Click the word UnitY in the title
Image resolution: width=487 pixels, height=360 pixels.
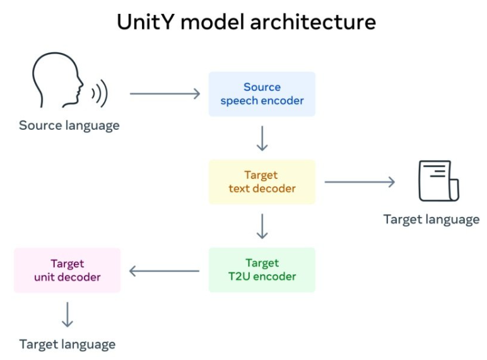pyautogui.click(x=146, y=22)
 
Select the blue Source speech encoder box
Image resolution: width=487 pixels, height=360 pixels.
pyautogui.click(x=262, y=94)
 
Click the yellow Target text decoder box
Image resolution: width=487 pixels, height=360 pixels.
pyautogui.click(x=262, y=182)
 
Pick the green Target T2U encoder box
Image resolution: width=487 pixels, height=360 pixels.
pyautogui.click(x=262, y=270)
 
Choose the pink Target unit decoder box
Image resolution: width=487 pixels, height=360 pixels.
pyautogui.click(x=67, y=270)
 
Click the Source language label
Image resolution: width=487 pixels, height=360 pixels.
pyautogui.click(x=69, y=125)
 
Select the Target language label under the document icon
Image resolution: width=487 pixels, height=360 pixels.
pyautogui.click(x=431, y=219)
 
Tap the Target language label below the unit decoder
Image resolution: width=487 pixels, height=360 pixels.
pyautogui.click(x=67, y=344)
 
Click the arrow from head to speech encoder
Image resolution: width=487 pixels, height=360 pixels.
pyautogui.click(x=165, y=94)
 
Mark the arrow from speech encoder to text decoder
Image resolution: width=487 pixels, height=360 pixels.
pyautogui.click(x=262, y=138)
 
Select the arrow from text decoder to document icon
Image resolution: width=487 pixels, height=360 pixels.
pyautogui.click(x=360, y=182)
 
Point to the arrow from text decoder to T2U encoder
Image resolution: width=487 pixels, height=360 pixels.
pyautogui.click(x=262, y=226)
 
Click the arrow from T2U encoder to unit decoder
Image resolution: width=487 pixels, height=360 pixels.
pyautogui.click(x=165, y=272)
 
